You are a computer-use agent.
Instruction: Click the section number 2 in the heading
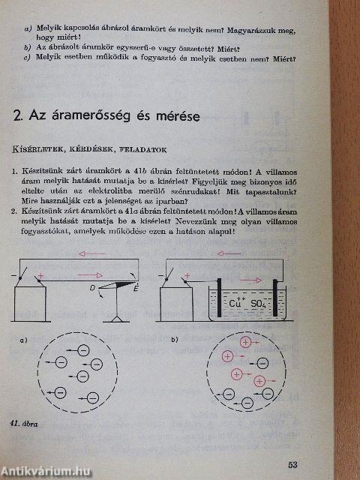19,117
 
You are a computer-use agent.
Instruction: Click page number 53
334,464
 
